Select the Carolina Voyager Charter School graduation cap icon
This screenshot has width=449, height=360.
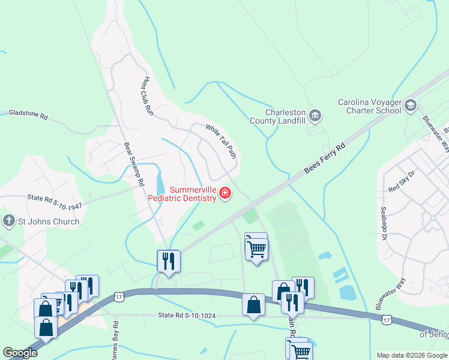[411, 106]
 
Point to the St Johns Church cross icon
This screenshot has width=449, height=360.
[9, 221]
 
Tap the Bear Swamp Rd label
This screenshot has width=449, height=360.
[134, 163]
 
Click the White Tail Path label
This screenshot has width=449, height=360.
[221, 142]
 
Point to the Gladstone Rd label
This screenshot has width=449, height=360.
[28, 114]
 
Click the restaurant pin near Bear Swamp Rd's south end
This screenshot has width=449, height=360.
[168, 261]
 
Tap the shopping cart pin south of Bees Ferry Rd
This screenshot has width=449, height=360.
[257, 248]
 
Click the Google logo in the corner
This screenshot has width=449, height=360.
[20, 353]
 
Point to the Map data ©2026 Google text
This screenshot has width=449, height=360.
[411, 355]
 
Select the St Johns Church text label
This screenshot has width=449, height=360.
[49, 221]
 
